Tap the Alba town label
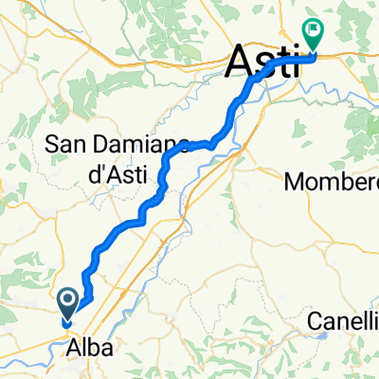[x=89, y=348]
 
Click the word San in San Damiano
[x=66, y=146]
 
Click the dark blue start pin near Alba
[x=70, y=304]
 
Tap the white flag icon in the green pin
[x=312, y=29]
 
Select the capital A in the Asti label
[x=241, y=64]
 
